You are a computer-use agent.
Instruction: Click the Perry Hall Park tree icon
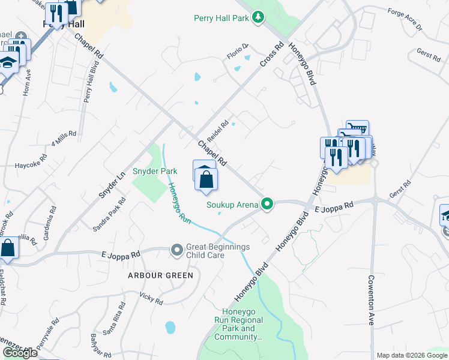[258, 17]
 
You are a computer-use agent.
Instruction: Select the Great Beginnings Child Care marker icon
[176, 249]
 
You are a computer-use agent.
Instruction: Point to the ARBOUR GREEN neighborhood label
[160, 275]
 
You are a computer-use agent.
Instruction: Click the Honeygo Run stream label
[179, 203]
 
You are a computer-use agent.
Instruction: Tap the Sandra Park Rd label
[109, 214]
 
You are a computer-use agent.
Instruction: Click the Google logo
[20, 353]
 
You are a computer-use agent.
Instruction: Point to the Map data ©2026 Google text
[411, 355]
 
